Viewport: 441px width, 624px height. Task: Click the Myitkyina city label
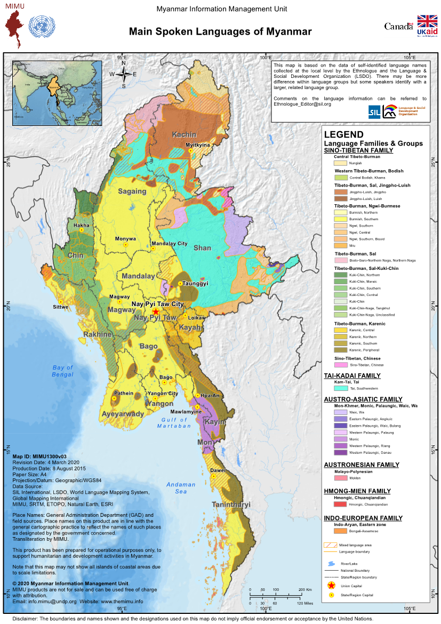(198, 145)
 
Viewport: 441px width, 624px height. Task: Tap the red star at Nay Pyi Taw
(156, 311)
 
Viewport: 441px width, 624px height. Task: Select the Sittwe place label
(60, 308)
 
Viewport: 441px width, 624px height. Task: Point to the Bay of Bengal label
(62, 371)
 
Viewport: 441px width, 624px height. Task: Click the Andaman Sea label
(181, 488)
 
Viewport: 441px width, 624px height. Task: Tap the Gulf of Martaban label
(174, 423)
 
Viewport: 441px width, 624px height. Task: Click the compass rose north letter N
(124, 63)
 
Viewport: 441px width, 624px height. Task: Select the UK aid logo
(427, 26)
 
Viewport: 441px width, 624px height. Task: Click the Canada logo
(399, 26)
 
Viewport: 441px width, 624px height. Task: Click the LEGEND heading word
(343, 135)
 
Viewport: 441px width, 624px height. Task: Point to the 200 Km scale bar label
(304, 590)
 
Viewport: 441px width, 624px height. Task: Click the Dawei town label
(217, 470)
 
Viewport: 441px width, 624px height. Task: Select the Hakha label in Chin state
(81, 226)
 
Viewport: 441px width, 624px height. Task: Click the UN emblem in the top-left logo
(41, 25)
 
